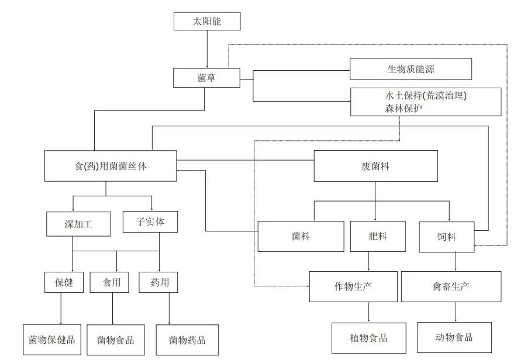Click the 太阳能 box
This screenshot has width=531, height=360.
coord(207,22)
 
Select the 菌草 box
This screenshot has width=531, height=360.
coord(207,77)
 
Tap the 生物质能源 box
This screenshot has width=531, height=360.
coord(411,69)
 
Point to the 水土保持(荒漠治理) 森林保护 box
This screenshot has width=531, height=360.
coord(425,102)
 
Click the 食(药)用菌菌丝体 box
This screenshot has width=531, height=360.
coord(110,166)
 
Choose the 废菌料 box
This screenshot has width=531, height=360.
coord(375,166)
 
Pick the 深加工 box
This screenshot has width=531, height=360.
coord(78,224)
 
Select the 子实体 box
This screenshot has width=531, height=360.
coord(150,221)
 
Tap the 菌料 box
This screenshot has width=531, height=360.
coord(301,237)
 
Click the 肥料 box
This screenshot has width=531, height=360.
coord(378,237)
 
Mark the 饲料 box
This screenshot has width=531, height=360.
coord(446,237)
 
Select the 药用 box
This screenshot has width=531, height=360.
coord(158,283)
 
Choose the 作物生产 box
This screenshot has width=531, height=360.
coord(353,286)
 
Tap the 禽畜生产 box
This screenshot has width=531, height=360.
coord(451,286)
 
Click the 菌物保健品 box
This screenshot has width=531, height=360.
coord(51,340)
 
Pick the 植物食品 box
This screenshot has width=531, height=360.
coord(368,338)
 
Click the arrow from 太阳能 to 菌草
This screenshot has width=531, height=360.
coord(207,49)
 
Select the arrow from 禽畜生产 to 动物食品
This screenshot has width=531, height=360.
coord(454,312)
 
